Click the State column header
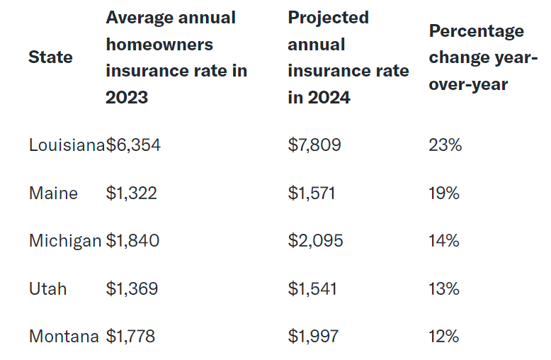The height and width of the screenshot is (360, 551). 50,57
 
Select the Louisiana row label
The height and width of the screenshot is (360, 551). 67,145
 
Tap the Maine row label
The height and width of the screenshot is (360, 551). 53,193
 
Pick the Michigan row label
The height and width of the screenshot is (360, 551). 65,241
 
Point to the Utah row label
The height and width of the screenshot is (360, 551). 47,288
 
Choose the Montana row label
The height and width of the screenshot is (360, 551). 64,337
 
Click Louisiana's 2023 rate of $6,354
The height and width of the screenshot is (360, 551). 133,145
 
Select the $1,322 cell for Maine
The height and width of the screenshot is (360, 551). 131,193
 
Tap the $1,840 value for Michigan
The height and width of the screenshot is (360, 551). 132,241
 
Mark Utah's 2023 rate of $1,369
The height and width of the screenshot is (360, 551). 132,288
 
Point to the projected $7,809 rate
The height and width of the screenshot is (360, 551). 314,145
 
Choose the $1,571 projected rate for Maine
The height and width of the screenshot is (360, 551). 312,193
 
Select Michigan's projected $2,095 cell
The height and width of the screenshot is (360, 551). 315,241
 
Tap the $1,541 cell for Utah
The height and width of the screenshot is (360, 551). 312,288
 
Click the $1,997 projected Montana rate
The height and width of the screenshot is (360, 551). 314,337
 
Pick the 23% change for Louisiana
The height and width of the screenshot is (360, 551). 445,145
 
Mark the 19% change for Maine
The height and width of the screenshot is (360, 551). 444,193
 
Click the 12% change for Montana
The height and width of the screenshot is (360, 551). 444,337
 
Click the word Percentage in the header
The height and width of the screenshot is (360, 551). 477,31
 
